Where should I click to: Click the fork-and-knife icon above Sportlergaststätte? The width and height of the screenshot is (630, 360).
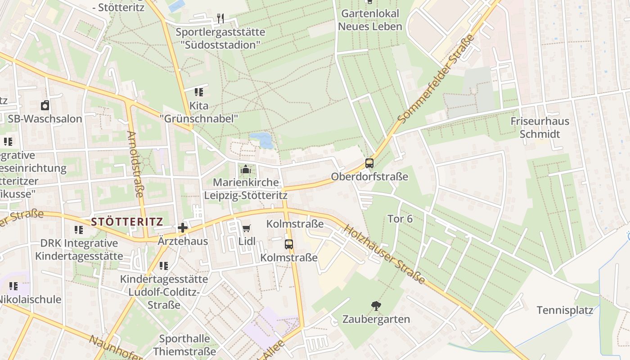(x=220, y=18)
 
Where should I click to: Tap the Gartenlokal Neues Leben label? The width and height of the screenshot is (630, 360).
(x=370, y=20)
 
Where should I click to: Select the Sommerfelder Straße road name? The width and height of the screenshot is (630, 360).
(x=437, y=79)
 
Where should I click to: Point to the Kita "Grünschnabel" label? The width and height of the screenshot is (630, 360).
(x=199, y=112)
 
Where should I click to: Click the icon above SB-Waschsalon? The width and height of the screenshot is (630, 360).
(x=45, y=106)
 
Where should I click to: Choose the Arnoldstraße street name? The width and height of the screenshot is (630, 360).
(x=135, y=164)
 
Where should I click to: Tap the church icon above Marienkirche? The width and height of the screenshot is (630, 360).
(x=245, y=170)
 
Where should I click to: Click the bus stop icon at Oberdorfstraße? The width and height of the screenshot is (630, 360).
(x=369, y=163)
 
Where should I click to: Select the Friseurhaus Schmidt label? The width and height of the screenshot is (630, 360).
(x=540, y=127)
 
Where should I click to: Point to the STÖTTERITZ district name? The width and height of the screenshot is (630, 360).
(x=126, y=222)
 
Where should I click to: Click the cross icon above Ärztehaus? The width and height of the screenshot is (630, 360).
(x=183, y=228)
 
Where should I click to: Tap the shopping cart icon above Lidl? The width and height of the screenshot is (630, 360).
(x=246, y=229)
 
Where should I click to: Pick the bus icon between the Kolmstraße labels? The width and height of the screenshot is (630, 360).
(x=289, y=244)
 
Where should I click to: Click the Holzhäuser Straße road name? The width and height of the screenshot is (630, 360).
(x=384, y=254)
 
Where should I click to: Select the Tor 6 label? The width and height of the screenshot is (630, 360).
(x=400, y=219)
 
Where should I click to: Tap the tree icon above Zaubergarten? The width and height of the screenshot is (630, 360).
(x=376, y=306)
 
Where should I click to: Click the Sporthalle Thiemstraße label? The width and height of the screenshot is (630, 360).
(x=184, y=345)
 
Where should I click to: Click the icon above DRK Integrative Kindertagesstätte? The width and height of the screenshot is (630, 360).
(x=79, y=230)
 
